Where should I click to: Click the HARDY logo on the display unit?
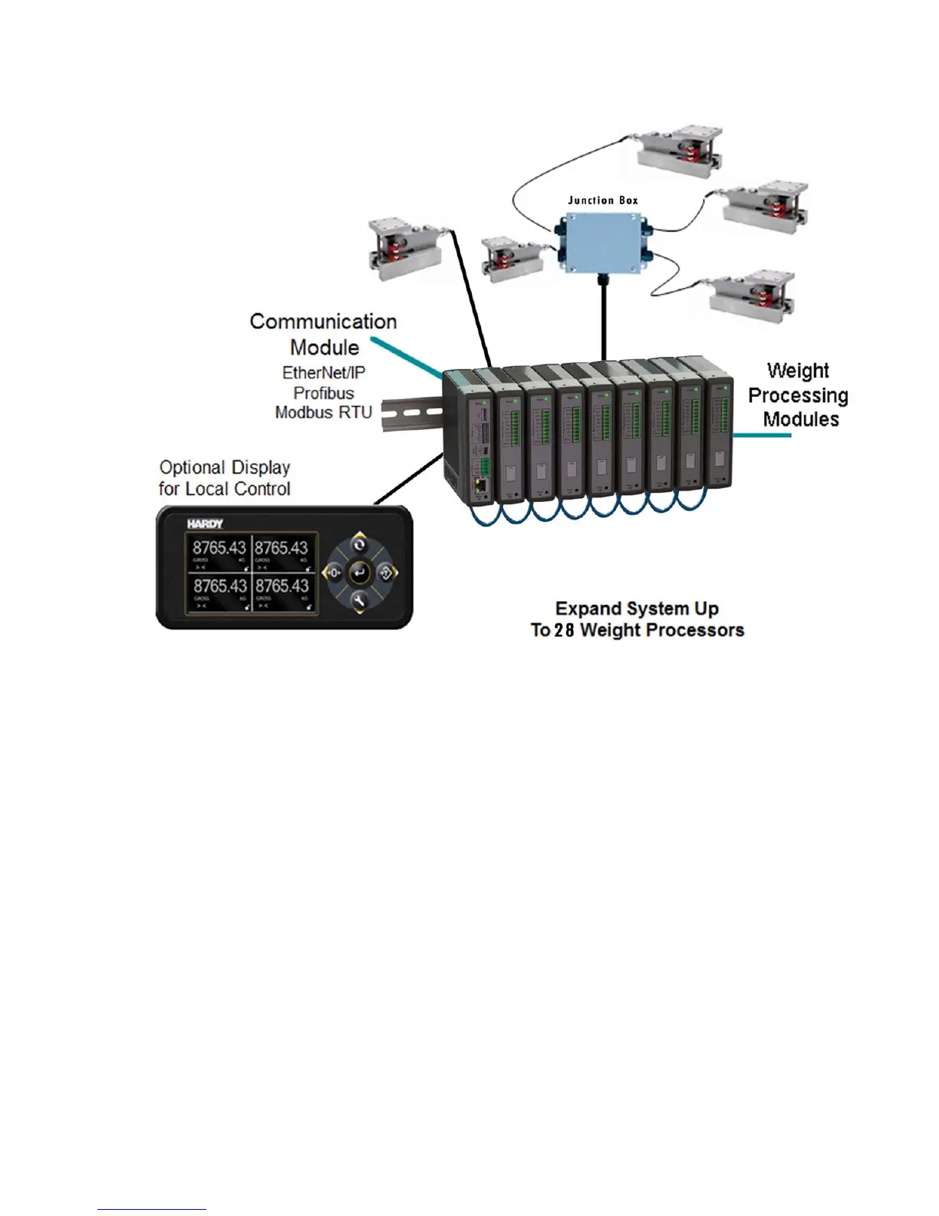205,524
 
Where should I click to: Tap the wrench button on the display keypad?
359,600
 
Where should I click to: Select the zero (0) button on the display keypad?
333,573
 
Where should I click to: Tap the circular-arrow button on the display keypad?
359,546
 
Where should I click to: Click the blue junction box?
602,240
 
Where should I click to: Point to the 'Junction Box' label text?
602,200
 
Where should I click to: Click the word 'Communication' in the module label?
323,322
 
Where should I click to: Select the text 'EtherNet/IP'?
324,373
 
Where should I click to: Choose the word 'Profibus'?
324,393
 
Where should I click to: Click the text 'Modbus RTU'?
324,412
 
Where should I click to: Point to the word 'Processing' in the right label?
798,396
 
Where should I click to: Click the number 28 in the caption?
564,631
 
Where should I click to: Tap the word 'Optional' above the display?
192,468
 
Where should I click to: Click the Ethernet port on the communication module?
479,485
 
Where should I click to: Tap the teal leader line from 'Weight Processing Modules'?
761,435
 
